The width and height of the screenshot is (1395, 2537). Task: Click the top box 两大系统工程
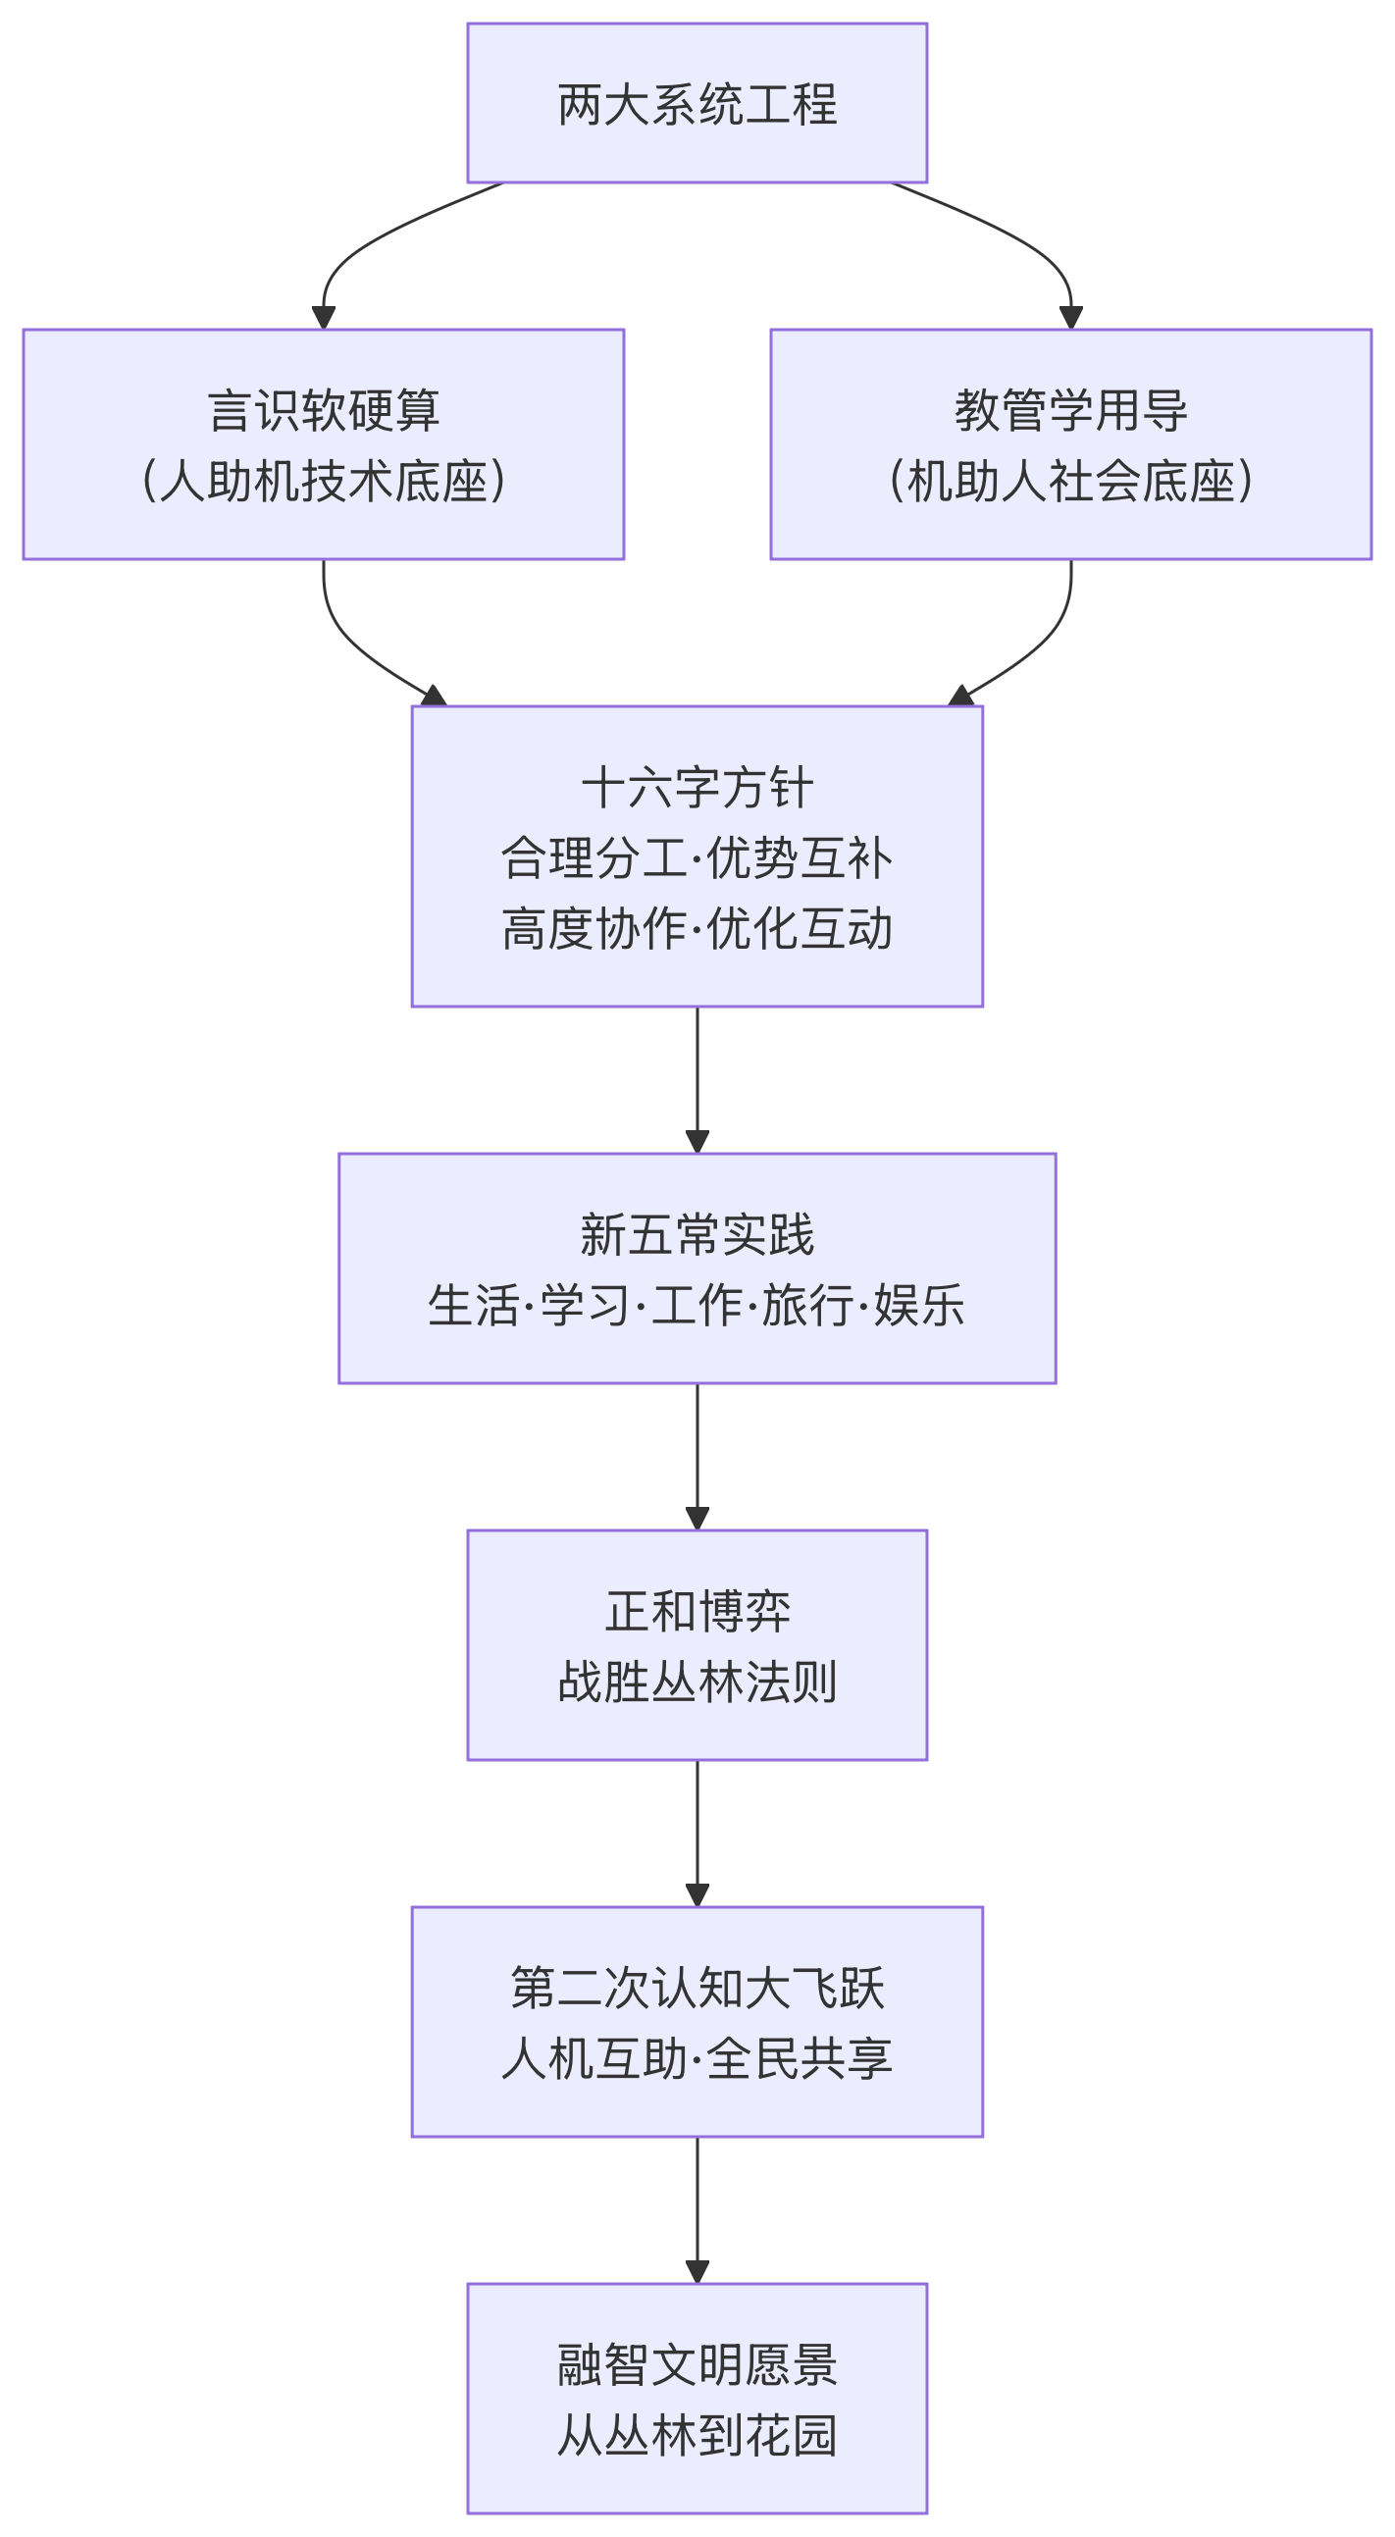pos(697,103)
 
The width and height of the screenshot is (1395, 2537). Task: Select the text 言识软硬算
pos(324,410)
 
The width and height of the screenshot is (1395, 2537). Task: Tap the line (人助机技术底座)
pos(324,481)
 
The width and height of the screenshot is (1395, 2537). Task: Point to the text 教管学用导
pos(1071,410)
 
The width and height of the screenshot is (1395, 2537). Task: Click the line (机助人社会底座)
pos(1071,481)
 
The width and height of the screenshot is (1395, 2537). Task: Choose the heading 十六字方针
pos(697,787)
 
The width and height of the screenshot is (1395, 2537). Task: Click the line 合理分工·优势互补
pos(697,856)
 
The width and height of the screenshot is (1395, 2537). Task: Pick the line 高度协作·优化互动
pos(697,928)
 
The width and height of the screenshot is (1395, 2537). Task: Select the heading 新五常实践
pos(697,1234)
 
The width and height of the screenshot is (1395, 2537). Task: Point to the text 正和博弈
pos(697,1611)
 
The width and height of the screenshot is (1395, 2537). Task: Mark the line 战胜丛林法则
pos(697,1682)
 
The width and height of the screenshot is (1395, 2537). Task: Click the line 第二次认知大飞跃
pos(697,1988)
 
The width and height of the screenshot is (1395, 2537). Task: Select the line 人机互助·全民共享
pos(697,2058)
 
